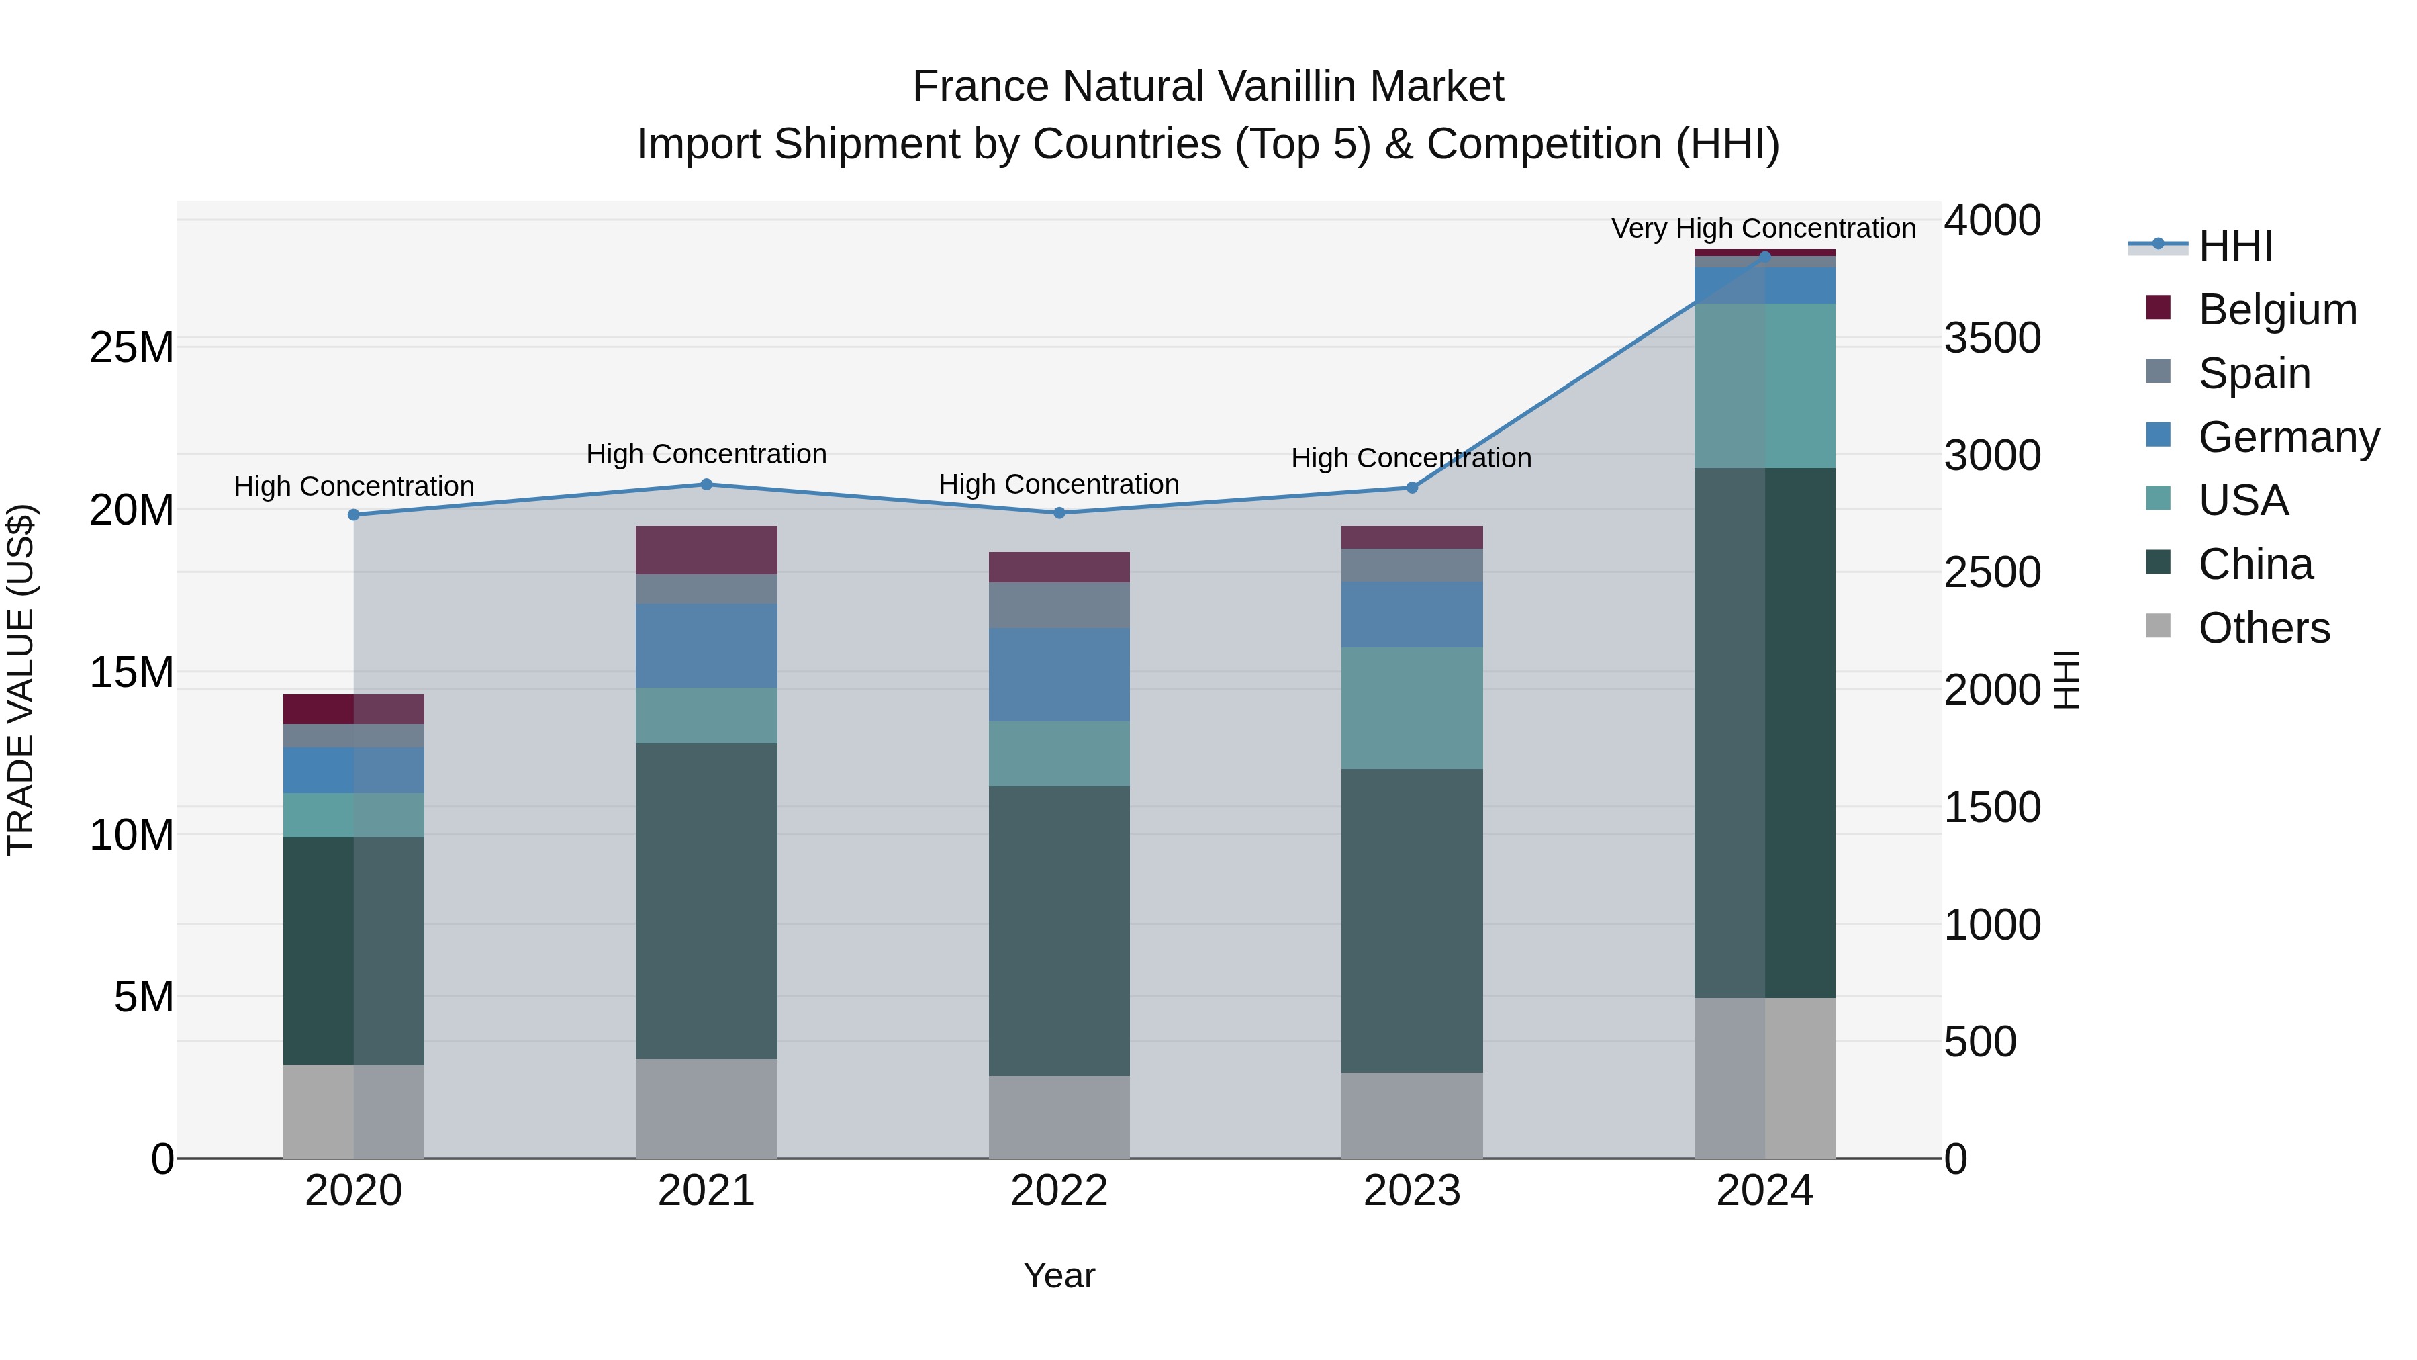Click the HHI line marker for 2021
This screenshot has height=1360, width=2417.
pos(706,484)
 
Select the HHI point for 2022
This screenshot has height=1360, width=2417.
pos(1059,513)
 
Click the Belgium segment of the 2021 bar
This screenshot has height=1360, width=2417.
pos(706,550)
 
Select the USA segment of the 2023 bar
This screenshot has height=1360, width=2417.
pos(1412,708)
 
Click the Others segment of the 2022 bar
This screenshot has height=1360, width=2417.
pos(1059,1117)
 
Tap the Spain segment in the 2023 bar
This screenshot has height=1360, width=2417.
pos(1412,565)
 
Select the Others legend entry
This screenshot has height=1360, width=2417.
pos(2263,628)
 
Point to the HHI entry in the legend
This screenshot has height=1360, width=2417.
pos(2235,246)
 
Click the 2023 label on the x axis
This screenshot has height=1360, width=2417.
pos(1412,1191)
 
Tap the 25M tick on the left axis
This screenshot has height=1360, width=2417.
pos(132,347)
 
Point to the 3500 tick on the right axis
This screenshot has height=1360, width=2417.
pos(1992,338)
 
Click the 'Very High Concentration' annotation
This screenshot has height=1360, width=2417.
pos(1763,228)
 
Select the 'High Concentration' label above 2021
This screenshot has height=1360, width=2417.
pos(706,454)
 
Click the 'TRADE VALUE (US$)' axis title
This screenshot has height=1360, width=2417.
pos(21,680)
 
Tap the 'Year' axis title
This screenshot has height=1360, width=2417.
pos(1059,1275)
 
